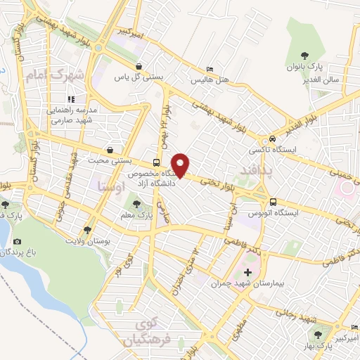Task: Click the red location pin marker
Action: point(181,165)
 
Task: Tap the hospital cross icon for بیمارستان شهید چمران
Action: point(247,272)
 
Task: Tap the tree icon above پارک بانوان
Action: point(304,55)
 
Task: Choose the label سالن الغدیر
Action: point(322,79)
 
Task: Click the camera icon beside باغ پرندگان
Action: point(17,242)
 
